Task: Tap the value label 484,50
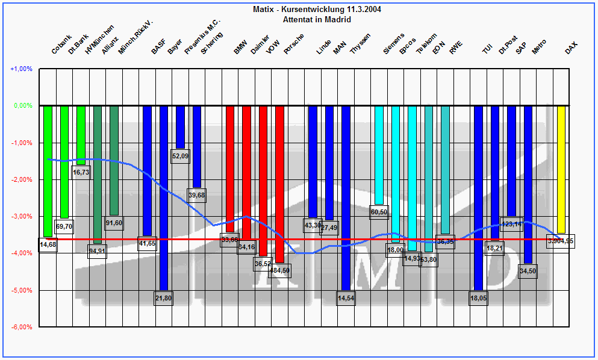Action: click(279, 270)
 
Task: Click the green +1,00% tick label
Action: click(21, 69)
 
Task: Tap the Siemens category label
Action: click(394, 43)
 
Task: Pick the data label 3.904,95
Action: click(561, 241)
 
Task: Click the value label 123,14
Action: click(512, 224)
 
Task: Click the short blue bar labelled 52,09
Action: click(180, 127)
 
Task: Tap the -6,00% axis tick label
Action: click(21, 327)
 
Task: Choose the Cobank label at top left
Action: click(61, 43)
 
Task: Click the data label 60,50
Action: click(379, 212)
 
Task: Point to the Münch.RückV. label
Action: click(135, 37)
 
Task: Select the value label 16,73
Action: click(81, 172)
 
